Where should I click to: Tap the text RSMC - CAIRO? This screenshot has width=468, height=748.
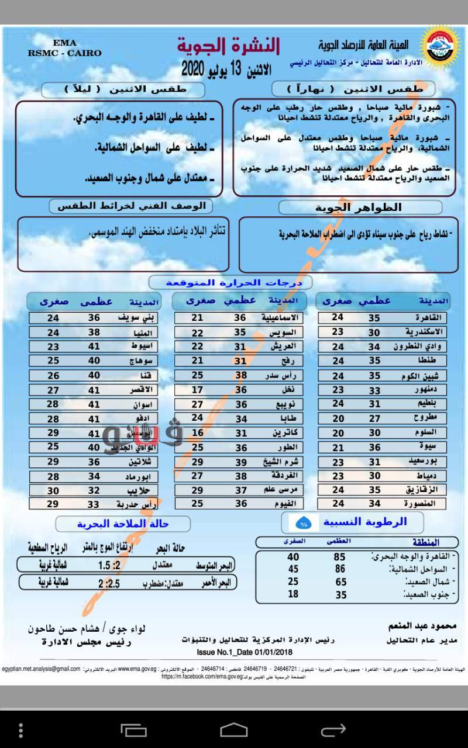[x=64, y=53]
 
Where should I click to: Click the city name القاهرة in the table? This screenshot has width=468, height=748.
[x=429, y=317]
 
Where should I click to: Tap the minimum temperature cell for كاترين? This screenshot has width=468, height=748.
[x=198, y=433]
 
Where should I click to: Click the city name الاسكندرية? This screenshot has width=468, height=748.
[x=424, y=331]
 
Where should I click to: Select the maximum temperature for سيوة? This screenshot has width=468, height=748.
[x=374, y=447]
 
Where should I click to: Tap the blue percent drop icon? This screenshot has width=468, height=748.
[x=304, y=522]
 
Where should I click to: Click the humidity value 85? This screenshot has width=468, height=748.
[x=340, y=557]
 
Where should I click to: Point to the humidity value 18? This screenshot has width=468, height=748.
[x=293, y=594]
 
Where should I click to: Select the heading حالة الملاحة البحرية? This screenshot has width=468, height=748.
[x=123, y=524]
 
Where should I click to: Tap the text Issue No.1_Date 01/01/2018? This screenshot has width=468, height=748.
[x=245, y=652]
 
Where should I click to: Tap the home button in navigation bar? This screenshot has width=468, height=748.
[x=234, y=730]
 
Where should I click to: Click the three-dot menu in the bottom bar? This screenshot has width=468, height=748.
[x=22, y=730]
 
